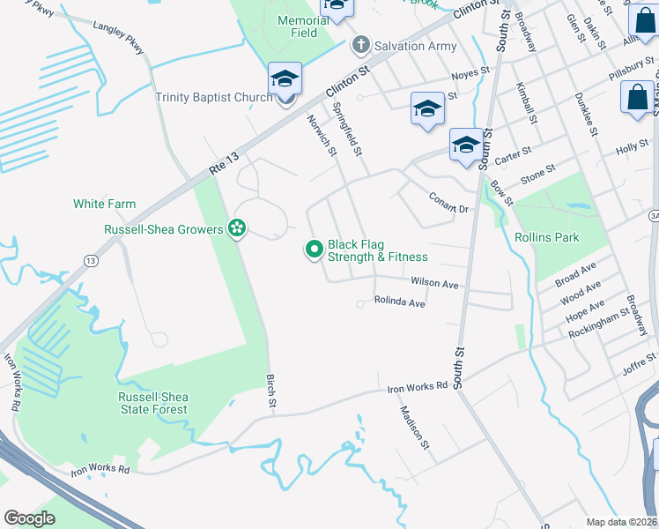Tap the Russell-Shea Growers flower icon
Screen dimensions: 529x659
point(236,229)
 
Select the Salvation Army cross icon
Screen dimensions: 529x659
point(359,45)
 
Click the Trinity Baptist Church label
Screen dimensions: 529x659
point(214,97)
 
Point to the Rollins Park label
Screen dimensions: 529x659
point(547,237)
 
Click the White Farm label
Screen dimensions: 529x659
point(104,204)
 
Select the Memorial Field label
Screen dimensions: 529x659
point(297,26)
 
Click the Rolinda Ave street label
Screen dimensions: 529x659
point(400,302)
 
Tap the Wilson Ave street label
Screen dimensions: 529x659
point(434,284)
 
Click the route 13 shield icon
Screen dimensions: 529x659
point(91,261)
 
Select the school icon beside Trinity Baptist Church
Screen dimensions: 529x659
point(285,79)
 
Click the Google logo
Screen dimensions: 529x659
point(29,518)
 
